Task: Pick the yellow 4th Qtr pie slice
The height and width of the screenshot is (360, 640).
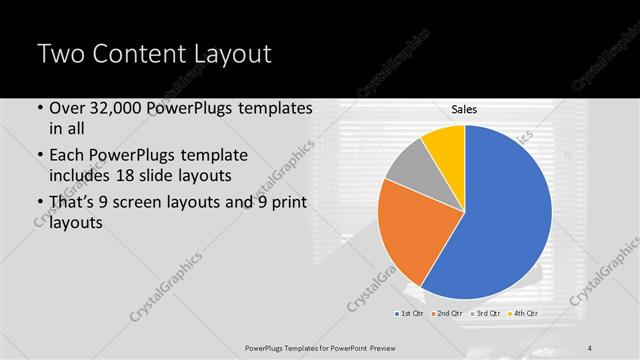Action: [x=444, y=143]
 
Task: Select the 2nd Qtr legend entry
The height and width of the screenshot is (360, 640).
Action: [x=447, y=315]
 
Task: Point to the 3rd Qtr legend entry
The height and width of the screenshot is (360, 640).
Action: [x=486, y=315]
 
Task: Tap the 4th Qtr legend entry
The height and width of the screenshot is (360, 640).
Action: [x=524, y=315]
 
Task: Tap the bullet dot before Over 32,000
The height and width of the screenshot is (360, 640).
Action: [x=40, y=108]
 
